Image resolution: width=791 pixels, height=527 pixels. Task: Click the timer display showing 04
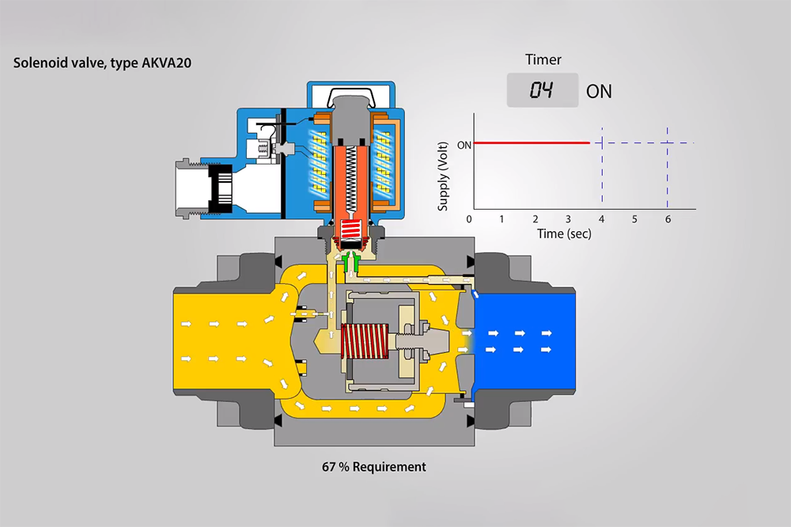[x=542, y=90]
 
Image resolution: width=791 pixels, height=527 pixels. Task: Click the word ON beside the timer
[x=599, y=91]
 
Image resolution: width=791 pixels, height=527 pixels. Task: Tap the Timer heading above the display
[x=543, y=59]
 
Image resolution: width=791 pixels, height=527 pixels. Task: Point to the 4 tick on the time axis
[x=601, y=218]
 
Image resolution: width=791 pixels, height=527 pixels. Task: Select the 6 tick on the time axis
[x=668, y=218]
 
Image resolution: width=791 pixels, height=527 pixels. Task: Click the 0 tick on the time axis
[x=470, y=218]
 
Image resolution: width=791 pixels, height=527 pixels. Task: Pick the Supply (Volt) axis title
[x=443, y=175]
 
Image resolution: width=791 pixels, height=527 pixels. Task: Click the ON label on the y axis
[x=464, y=144]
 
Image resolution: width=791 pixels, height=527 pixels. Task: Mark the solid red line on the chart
[x=530, y=143]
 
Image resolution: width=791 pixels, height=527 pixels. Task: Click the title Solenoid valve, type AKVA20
[x=102, y=63]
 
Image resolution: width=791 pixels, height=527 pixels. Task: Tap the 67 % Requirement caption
[x=373, y=467]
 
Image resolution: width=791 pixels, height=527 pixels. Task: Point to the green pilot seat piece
[x=358, y=262]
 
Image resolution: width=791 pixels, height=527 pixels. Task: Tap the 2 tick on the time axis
[x=536, y=218]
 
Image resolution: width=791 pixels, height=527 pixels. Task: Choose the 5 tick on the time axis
[x=634, y=218]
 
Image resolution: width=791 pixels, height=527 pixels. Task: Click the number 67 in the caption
[x=329, y=467]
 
